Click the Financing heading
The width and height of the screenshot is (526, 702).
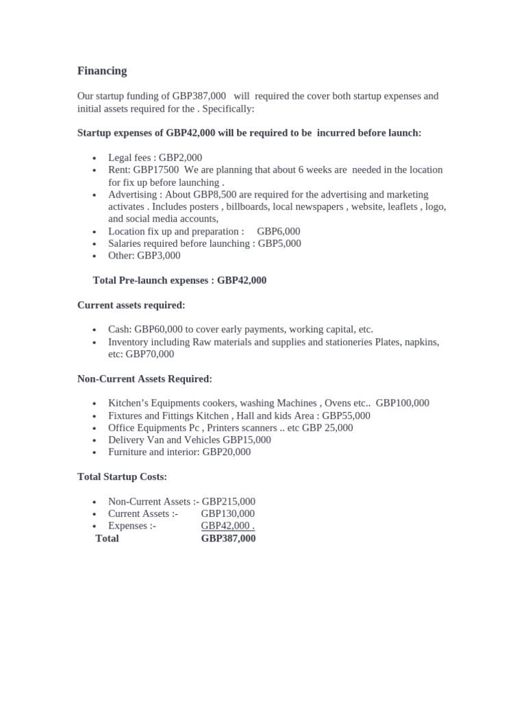(102, 71)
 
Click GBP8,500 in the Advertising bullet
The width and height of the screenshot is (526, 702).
(215, 195)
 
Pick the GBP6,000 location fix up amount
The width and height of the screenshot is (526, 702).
(279, 232)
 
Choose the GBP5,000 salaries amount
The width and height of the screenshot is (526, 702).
(279, 243)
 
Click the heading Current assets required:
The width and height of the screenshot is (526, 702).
(131, 305)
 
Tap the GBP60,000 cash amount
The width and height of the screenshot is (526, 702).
(158, 330)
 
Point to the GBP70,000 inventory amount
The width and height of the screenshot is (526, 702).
(150, 354)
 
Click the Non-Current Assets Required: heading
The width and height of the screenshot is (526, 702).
(145, 379)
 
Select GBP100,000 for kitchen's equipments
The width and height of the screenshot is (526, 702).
(403, 403)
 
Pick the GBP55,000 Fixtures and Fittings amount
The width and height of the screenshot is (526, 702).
(346, 415)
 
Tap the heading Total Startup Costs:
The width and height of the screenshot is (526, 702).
(122, 476)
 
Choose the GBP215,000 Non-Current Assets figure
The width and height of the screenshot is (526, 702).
(228, 502)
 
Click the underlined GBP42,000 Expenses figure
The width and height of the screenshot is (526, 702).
(226, 526)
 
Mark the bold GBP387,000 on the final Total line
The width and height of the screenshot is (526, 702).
(228, 539)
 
